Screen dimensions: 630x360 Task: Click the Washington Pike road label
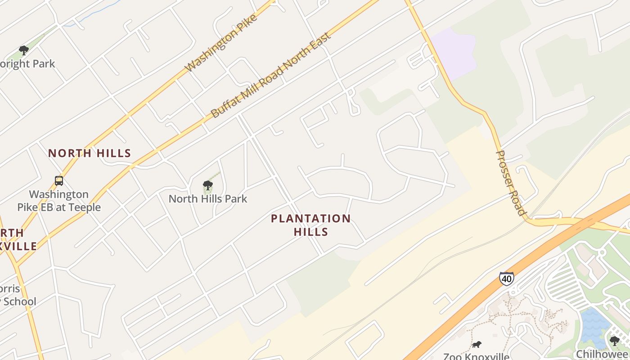(x=221, y=43)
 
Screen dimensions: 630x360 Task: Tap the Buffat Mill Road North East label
(x=271, y=75)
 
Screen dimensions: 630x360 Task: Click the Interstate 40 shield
(x=506, y=279)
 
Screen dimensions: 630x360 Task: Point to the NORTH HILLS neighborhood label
(x=90, y=153)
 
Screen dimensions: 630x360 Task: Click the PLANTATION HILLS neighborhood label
(x=310, y=225)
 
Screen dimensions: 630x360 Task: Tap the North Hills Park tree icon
(x=207, y=185)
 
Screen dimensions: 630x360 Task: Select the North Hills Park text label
(x=208, y=198)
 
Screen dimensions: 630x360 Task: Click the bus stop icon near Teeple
(x=59, y=181)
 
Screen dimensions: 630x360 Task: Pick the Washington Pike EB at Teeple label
(x=59, y=201)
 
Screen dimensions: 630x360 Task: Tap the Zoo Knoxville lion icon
(x=476, y=345)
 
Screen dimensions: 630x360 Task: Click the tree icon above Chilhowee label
(x=614, y=341)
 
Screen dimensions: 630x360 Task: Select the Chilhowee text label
(x=603, y=354)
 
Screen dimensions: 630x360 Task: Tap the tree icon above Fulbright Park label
(x=24, y=50)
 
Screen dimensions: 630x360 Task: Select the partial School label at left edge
(x=18, y=301)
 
